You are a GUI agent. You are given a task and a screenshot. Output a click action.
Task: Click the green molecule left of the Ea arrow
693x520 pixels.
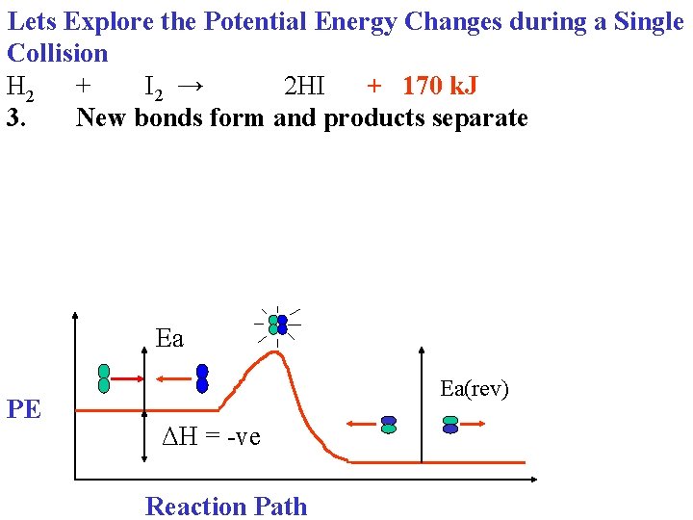(x=104, y=378)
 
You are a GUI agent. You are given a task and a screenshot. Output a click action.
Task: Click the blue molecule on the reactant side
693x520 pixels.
(x=202, y=378)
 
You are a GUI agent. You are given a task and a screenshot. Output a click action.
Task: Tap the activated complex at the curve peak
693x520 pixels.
(x=277, y=325)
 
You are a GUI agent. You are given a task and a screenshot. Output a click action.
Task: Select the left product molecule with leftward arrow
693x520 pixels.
(x=389, y=425)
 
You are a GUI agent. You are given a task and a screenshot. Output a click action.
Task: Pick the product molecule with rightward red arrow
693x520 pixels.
(x=450, y=425)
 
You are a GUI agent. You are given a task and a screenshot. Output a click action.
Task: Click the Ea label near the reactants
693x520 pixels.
(x=169, y=338)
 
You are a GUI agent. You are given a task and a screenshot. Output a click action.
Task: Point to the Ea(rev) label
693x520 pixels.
(x=474, y=388)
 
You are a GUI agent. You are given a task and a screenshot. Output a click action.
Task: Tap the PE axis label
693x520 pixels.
(x=24, y=409)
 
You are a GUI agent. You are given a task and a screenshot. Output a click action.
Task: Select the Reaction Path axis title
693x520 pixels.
(x=226, y=507)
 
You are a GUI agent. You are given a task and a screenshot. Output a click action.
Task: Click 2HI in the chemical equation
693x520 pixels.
(x=304, y=87)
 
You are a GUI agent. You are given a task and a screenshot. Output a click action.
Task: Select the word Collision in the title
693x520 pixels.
(x=57, y=53)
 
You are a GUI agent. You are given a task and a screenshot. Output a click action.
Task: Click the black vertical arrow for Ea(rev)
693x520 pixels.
(x=422, y=404)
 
